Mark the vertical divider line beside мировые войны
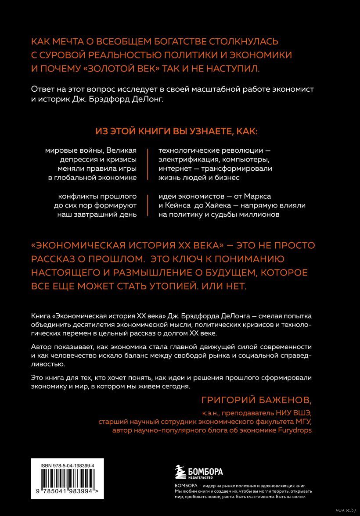pos(147,164)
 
